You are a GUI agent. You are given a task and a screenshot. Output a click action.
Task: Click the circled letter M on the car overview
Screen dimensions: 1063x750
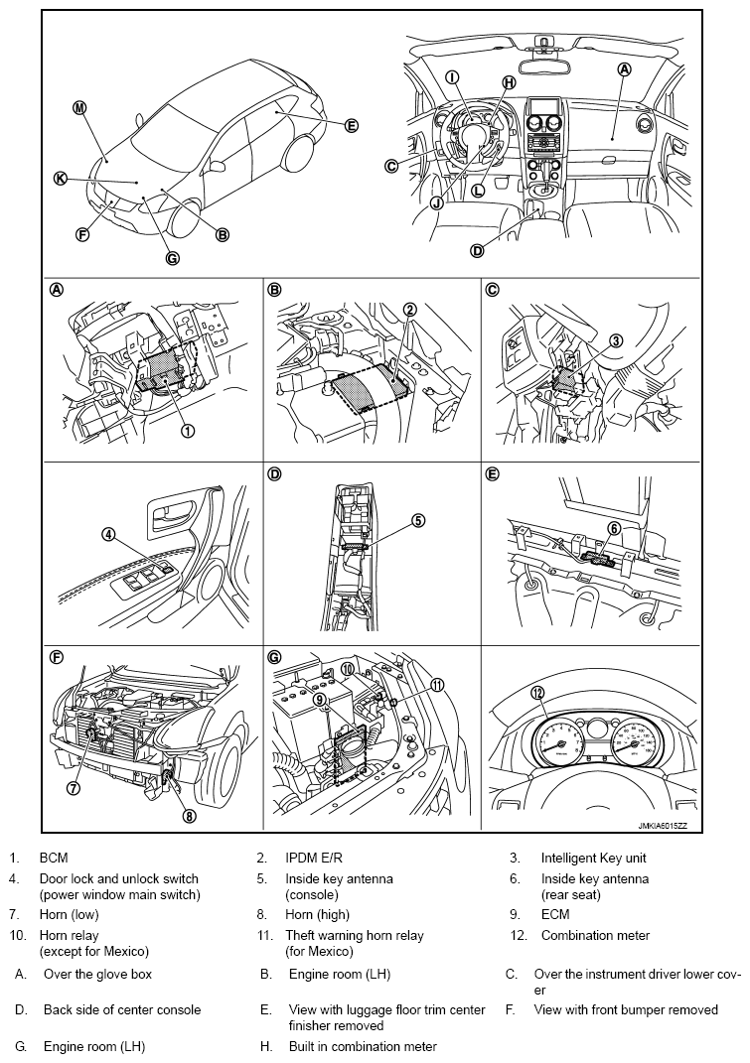pyautogui.click(x=79, y=108)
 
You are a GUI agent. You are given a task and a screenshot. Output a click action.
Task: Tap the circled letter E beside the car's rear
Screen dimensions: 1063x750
pyautogui.click(x=351, y=126)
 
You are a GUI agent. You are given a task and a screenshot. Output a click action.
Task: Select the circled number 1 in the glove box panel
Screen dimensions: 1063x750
pyautogui.click(x=188, y=430)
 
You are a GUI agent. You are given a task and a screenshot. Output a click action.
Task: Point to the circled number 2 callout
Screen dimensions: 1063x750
pyautogui.click(x=409, y=310)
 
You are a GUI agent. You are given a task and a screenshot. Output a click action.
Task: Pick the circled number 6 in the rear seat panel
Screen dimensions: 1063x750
pyautogui.click(x=615, y=529)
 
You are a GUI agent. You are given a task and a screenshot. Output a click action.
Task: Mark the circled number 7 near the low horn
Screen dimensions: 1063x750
pyautogui.click(x=73, y=787)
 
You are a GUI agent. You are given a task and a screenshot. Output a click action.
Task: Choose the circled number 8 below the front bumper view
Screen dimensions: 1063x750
pyautogui.click(x=189, y=816)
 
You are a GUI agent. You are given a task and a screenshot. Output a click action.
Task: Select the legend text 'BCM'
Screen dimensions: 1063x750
pyautogui.click(x=54, y=858)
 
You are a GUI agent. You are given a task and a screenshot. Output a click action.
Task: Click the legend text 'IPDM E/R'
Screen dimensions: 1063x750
pyautogui.click(x=314, y=858)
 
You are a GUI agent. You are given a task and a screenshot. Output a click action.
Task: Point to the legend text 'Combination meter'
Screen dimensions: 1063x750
pyautogui.click(x=595, y=935)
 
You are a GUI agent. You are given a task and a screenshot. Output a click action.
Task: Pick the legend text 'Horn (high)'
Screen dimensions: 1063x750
pyautogui.click(x=318, y=915)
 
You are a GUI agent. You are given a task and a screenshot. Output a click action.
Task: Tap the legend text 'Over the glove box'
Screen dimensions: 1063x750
pyautogui.click(x=97, y=975)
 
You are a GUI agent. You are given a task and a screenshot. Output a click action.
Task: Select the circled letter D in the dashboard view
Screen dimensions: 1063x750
pyautogui.click(x=477, y=251)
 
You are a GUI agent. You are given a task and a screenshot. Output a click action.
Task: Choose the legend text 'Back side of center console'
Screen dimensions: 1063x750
pyautogui.click(x=121, y=1010)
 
